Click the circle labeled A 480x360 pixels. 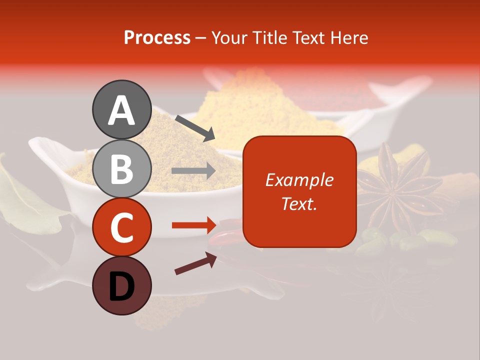coord(121,109)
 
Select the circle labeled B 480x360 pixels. coord(121,168)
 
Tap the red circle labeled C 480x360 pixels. coord(121,227)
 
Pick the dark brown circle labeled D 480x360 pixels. coord(121,285)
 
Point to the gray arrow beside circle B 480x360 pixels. coord(193,171)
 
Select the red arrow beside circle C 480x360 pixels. coord(193,225)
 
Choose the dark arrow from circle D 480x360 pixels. coord(195,264)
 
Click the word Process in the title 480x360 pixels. coord(157,37)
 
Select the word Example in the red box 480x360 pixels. coord(299,180)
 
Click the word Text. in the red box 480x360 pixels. coord(299,203)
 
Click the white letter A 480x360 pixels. coord(121,110)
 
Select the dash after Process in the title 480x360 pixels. coord(201,38)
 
